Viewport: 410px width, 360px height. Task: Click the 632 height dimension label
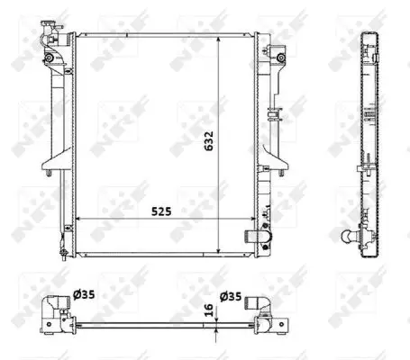[209, 140]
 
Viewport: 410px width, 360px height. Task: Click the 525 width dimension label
[161, 211]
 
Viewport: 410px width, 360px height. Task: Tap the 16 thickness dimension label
[208, 310]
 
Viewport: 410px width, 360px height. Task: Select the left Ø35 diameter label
[84, 294]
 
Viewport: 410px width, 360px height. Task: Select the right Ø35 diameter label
[231, 296]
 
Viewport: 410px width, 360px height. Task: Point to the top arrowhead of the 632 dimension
[218, 40]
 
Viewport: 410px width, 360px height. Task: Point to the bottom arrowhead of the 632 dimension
[218, 249]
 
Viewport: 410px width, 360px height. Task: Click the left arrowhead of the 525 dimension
[79, 219]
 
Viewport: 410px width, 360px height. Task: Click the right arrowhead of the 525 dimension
[251, 219]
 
